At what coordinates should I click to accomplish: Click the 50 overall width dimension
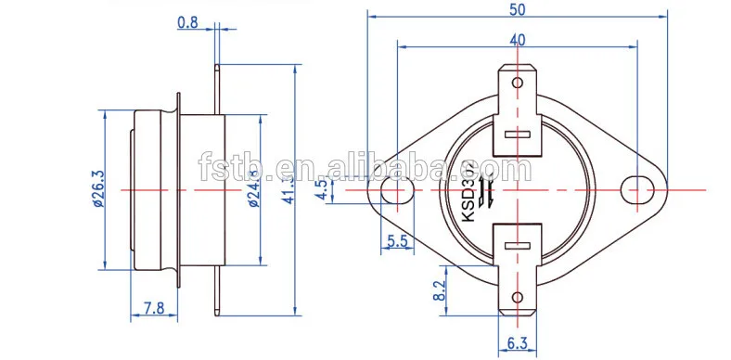(519, 8)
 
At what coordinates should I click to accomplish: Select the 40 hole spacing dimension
(518, 39)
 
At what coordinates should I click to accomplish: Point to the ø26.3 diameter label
(97, 192)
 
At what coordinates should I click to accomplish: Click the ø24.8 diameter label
(253, 192)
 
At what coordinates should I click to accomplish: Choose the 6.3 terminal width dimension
(518, 344)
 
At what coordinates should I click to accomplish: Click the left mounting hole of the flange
(397, 190)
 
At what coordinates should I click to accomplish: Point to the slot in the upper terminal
(517, 135)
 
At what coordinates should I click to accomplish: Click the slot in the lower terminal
(517, 245)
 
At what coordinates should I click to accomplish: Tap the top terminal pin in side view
(217, 79)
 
